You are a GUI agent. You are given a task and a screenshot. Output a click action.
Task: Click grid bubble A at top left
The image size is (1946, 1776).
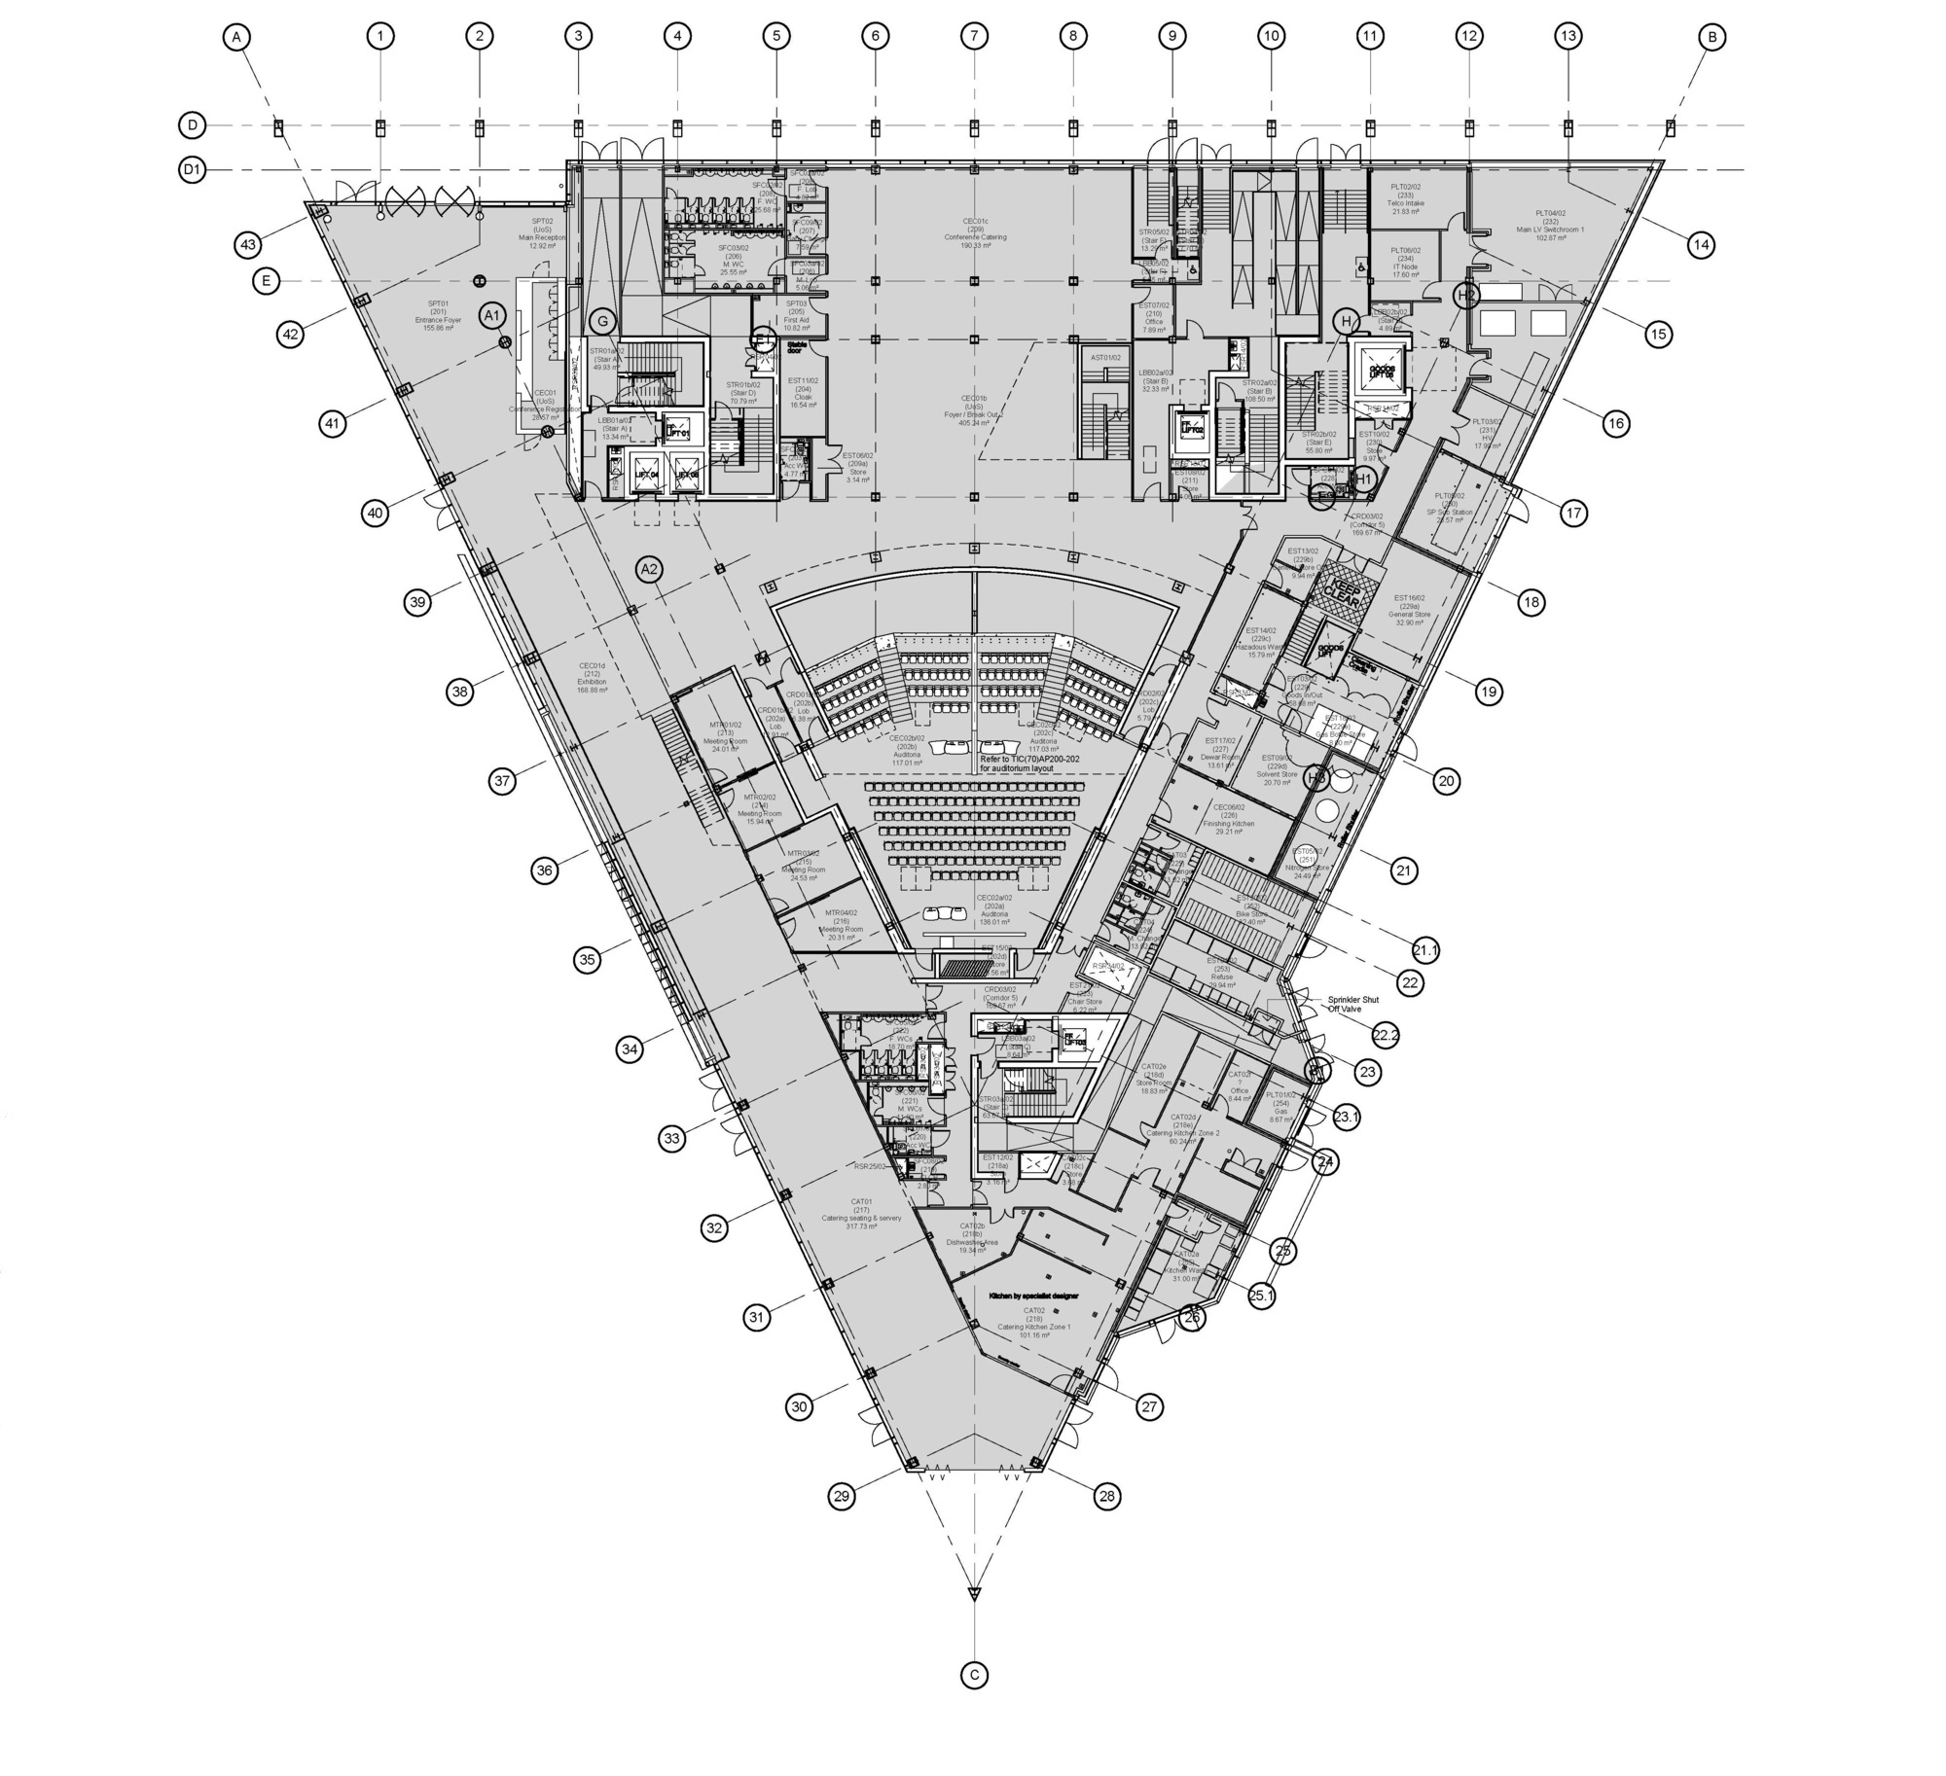click(236, 37)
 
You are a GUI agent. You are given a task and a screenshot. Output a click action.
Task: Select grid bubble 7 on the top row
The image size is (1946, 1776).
click(974, 37)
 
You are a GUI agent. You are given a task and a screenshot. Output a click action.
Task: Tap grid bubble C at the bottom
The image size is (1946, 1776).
click(974, 1675)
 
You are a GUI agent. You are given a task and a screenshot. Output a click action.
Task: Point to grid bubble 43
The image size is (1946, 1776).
click(248, 244)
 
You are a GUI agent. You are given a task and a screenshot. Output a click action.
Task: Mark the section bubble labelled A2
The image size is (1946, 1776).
click(649, 570)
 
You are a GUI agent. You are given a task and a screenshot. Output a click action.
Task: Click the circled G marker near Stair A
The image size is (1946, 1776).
click(603, 321)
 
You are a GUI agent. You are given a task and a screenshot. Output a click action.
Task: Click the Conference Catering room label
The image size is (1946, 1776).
click(975, 237)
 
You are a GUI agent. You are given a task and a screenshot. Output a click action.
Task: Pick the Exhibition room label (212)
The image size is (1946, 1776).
click(592, 678)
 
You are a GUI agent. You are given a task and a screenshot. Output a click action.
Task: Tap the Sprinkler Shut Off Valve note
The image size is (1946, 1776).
click(1353, 1004)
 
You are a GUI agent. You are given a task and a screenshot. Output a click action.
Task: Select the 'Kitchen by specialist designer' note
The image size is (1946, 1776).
click(1033, 1296)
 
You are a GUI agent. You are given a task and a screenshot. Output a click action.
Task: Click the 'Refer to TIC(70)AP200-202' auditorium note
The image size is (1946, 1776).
click(1029, 764)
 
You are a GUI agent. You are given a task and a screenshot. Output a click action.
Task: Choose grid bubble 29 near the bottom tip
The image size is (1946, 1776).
click(843, 1496)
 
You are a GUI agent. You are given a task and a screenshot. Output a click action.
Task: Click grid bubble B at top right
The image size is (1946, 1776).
click(1712, 37)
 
